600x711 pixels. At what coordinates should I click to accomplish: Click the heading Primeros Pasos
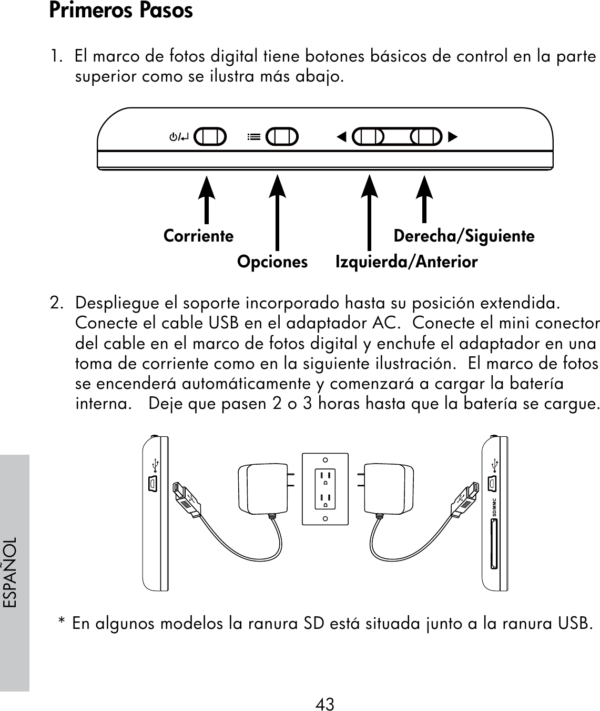[121, 11]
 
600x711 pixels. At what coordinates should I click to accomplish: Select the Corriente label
[198, 236]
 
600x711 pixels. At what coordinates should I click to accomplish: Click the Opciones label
[272, 262]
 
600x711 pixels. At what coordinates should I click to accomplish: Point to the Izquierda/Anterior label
[406, 262]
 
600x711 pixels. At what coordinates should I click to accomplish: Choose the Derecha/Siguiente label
[464, 236]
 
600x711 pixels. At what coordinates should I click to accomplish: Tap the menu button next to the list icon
[281, 137]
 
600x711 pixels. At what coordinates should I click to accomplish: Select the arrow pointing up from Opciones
[277, 211]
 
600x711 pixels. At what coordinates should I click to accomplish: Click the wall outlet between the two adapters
[326, 489]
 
